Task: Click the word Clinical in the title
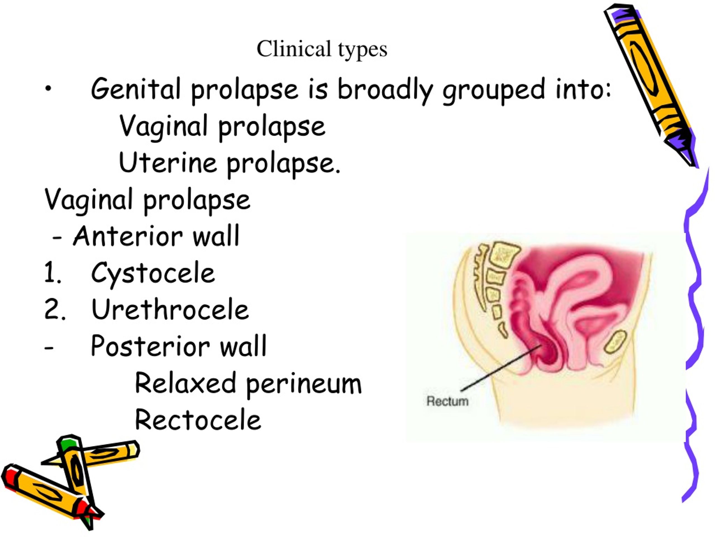(x=294, y=49)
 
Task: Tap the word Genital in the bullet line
(x=135, y=89)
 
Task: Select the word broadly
(x=385, y=91)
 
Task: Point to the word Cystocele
(x=153, y=274)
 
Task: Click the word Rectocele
(x=198, y=420)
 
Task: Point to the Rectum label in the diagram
(x=447, y=401)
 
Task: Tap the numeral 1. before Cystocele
(x=52, y=273)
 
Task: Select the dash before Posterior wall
(x=49, y=348)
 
